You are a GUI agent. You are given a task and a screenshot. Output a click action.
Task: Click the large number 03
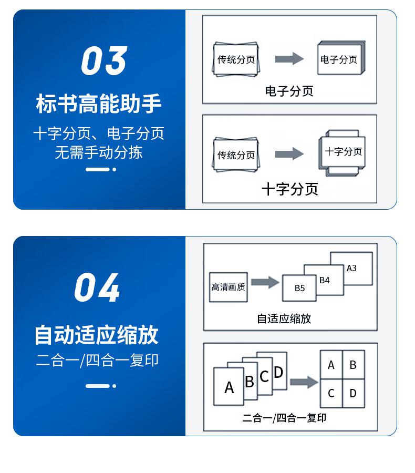[x=104, y=61]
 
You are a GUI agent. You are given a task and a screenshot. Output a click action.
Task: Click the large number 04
[x=97, y=288]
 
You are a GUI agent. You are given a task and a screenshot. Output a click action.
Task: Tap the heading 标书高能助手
[x=98, y=104]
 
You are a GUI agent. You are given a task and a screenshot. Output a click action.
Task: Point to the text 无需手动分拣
[x=98, y=152]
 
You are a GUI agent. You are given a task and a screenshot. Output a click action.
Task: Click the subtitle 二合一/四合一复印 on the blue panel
[x=97, y=361]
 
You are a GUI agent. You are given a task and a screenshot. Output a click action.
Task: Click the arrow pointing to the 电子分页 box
[x=289, y=58]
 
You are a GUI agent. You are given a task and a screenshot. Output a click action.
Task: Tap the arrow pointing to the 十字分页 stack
[x=289, y=153]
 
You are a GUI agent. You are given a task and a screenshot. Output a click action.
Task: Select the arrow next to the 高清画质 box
[x=265, y=282]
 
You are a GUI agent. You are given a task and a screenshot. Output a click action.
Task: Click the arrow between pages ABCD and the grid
[x=304, y=382]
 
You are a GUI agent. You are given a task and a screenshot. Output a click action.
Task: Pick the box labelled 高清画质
[x=228, y=287]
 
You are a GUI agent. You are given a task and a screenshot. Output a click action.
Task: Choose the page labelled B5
[x=299, y=288]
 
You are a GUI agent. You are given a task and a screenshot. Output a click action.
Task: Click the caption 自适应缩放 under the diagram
[x=284, y=318]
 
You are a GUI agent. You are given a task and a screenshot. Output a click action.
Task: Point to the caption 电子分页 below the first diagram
[x=289, y=91]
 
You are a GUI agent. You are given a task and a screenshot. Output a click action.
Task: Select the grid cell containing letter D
[x=353, y=393]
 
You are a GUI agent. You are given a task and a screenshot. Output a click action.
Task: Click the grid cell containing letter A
[x=331, y=365]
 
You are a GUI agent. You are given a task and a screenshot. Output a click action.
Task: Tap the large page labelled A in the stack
[x=229, y=387]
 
